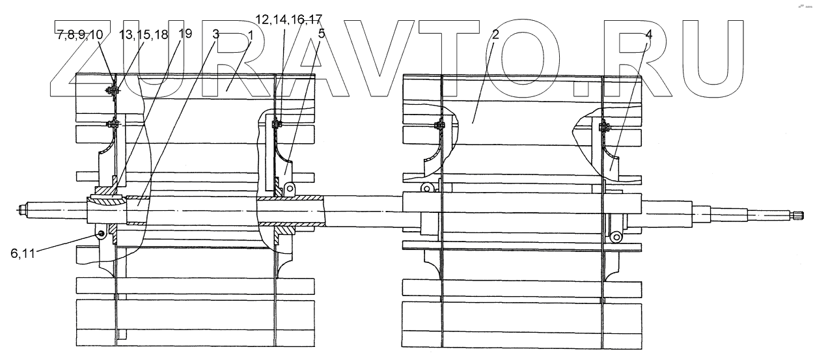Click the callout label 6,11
point(24,255)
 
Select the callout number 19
point(185,34)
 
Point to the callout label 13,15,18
point(143,35)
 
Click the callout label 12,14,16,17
point(288,20)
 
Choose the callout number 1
point(249,35)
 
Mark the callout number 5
point(320,34)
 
